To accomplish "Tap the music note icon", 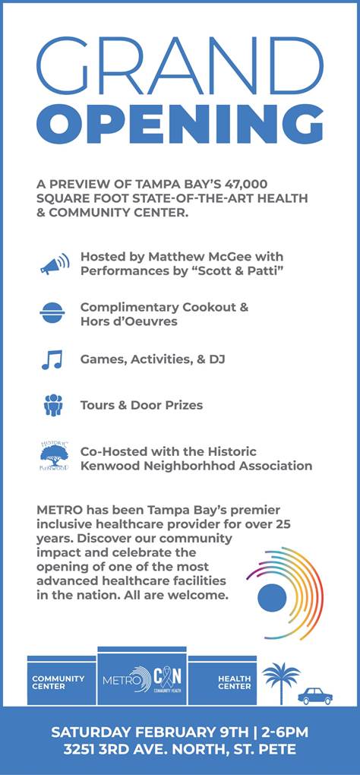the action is [52, 359].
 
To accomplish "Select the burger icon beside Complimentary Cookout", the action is [52, 312].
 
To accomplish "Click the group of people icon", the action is [53, 405].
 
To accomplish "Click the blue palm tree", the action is [281, 682].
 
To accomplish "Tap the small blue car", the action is [315, 696].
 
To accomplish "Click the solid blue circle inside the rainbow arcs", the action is [272, 597].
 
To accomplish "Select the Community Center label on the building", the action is [58, 682].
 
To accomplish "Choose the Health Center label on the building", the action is [235, 682].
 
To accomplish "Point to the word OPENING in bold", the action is [180, 124].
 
